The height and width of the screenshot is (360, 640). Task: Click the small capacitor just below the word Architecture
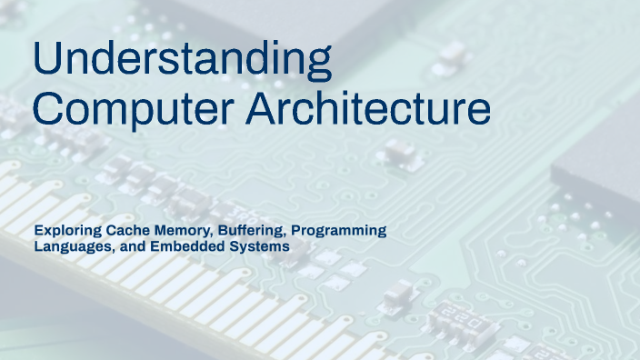[400, 154]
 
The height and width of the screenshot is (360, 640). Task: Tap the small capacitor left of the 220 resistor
[397, 293]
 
